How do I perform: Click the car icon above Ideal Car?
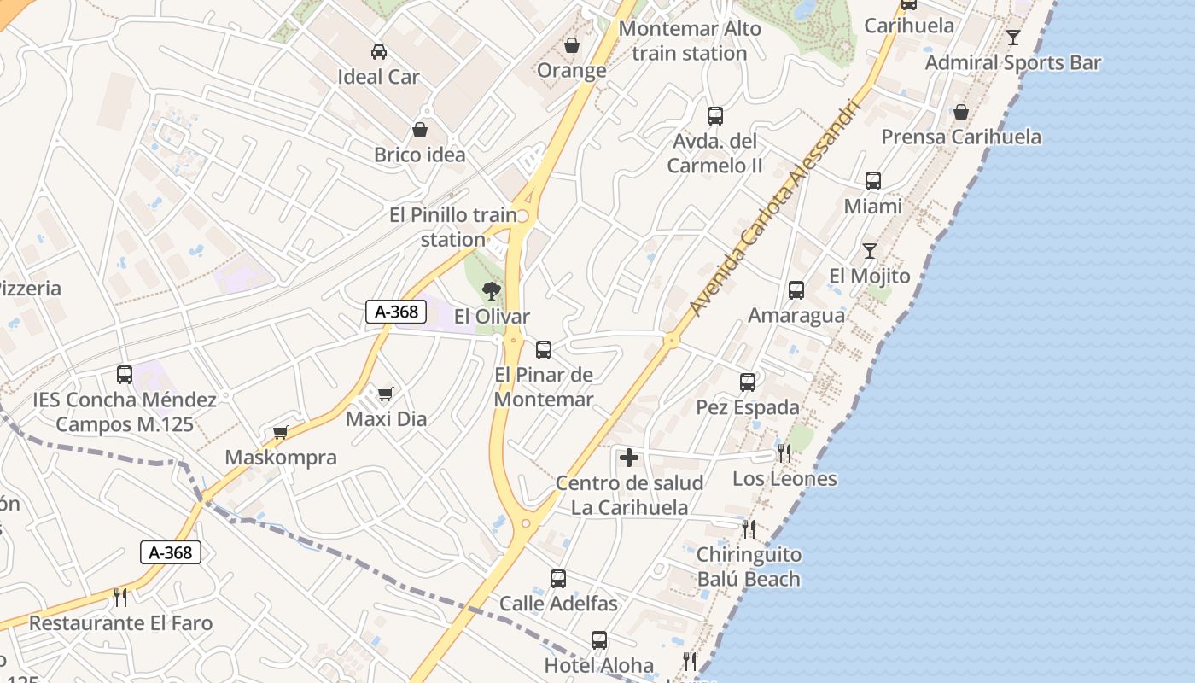[379, 52]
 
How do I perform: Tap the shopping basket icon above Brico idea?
[420, 130]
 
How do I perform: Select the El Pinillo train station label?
[453, 227]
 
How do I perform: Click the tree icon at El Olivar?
[491, 291]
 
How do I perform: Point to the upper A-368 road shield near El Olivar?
[397, 312]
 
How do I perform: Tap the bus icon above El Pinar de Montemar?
[544, 350]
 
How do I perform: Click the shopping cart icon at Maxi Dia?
[386, 394]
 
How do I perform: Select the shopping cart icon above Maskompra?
[281, 432]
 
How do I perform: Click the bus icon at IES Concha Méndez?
[125, 374]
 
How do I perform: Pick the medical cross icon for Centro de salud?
[629, 458]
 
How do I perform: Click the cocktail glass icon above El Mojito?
[870, 250]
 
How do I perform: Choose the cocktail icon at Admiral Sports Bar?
[1013, 37]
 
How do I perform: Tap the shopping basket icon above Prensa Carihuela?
[961, 112]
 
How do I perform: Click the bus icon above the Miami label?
[873, 181]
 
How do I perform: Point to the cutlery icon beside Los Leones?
[784, 453]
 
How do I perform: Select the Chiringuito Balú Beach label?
[749, 567]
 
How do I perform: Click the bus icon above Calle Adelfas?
[558, 579]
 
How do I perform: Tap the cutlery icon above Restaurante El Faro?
[120, 597]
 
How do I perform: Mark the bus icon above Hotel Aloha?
[599, 640]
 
